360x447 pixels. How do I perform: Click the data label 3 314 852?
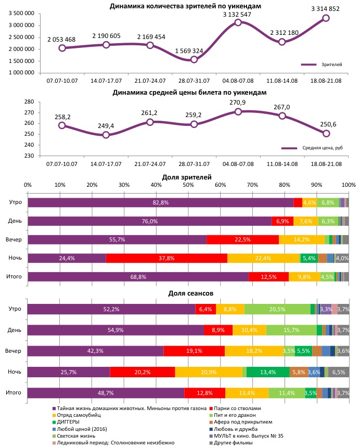click(x=326, y=9)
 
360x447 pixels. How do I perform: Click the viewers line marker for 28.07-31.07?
click(x=194, y=59)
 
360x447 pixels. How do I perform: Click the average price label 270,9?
click(x=238, y=103)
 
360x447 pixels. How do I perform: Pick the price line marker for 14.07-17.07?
click(x=106, y=135)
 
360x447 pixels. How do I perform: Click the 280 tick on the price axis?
click(x=29, y=102)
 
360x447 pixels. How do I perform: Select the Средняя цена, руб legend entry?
click(x=323, y=148)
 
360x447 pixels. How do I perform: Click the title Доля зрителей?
click(x=187, y=177)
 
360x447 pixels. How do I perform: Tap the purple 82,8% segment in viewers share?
click(x=160, y=202)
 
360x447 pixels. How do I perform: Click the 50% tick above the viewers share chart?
click(x=188, y=185)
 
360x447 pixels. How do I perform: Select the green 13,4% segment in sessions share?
click(x=268, y=372)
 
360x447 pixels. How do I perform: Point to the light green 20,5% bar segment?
click(x=277, y=309)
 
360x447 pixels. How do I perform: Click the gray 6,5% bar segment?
click(x=339, y=372)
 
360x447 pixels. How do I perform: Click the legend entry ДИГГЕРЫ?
click(x=68, y=422)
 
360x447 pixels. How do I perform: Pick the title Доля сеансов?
click(x=187, y=293)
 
